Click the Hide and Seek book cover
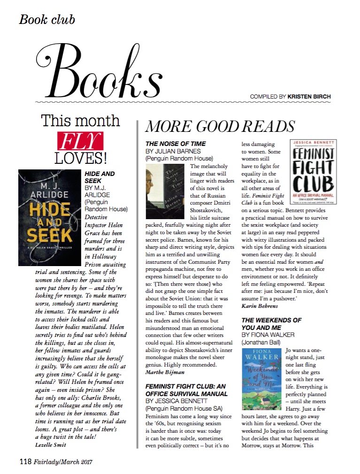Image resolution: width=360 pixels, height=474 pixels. click(50, 218)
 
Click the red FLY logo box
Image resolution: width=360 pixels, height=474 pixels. click(80, 141)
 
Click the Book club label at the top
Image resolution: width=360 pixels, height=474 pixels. click(47, 20)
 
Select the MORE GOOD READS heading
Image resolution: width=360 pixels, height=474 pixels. click(220, 126)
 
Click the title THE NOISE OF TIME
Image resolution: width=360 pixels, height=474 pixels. click(176, 144)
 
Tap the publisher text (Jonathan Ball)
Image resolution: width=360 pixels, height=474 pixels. click(261, 343)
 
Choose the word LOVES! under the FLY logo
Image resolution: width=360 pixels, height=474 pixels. click(80, 158)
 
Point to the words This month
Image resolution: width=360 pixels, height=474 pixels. click(80, 121)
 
